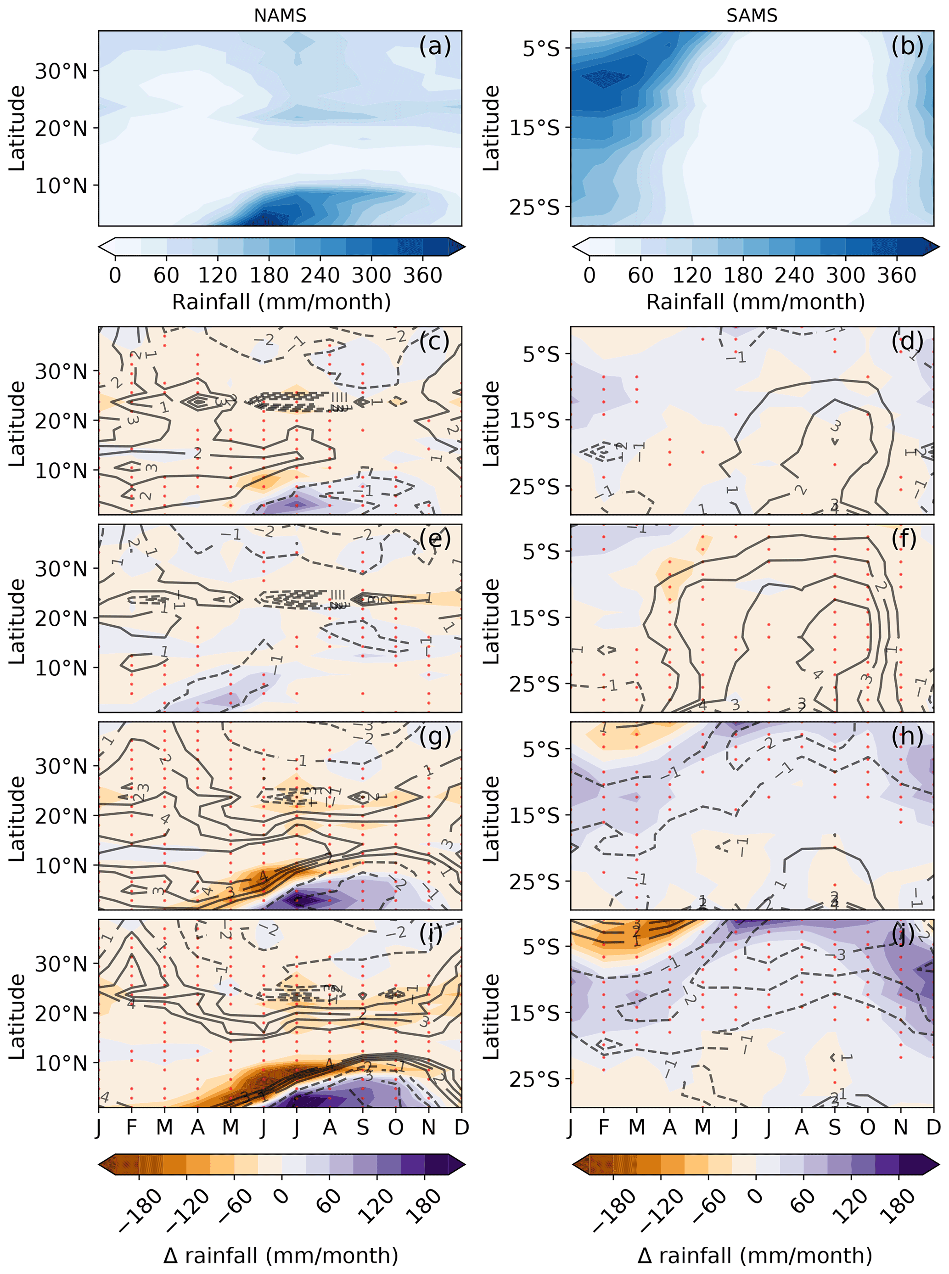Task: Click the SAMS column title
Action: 752,15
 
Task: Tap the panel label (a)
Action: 435,46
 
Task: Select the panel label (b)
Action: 907,46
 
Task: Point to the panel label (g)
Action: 435,736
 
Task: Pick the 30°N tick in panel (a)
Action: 61,71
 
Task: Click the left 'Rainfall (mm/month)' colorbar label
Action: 281,302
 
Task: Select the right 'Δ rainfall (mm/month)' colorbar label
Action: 754,1256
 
